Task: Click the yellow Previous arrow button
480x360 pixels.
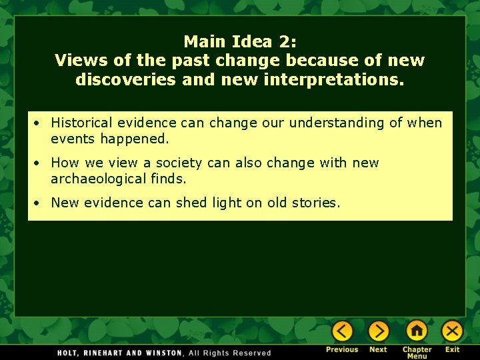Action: (x=342, y=331)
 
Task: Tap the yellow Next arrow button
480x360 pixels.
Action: (x=378, y=331)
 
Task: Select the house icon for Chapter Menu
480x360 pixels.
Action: (x=417, y=331)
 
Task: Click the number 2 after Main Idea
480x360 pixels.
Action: (x=285, y=41)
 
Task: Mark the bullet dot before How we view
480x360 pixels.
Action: (x=41, y=163)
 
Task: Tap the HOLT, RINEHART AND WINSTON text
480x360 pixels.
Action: (x=120, y=353)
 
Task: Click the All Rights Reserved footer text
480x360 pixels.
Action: (x=231, y=353)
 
